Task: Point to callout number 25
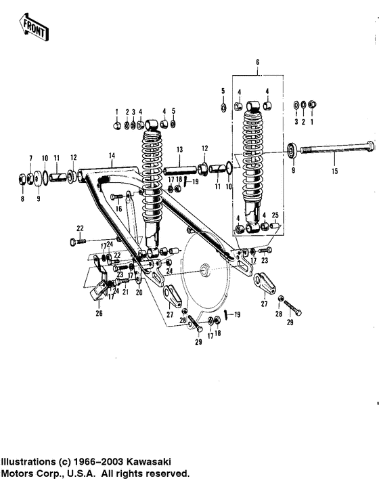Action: [x=275, y=215]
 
